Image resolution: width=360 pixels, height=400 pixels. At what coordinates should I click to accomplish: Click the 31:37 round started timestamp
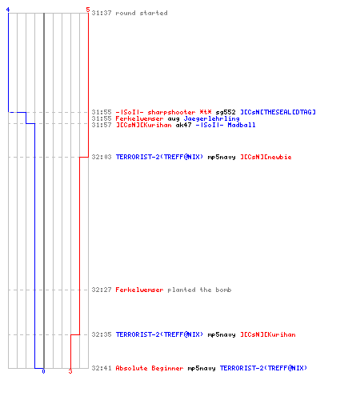[102, 13]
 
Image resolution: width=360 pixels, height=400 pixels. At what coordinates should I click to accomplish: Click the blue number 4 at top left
[8, 10]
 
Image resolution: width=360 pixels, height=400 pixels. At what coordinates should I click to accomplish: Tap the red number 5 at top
[88, 10]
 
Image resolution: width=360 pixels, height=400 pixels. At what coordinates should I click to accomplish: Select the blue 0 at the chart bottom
[43, 371]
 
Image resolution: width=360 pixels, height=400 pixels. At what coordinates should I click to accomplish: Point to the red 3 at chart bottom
[70, 371]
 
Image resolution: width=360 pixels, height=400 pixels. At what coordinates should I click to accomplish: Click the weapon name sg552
[226, 112]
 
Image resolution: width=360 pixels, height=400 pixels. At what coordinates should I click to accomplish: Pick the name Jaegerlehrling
[212, 118]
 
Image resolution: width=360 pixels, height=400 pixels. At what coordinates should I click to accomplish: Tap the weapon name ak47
[183, 125]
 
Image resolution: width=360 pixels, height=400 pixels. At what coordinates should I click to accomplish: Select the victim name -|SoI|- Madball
[226, 125]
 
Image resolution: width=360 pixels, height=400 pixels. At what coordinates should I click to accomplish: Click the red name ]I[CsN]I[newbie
[266, 157]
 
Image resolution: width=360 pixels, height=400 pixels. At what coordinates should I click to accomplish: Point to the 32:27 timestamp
[102, 290]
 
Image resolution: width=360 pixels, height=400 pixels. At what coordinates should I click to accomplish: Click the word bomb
[223, 290]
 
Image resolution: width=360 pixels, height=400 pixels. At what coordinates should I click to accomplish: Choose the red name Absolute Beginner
[150, 368]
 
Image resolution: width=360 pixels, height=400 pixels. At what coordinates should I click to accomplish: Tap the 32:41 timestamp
[102, 368]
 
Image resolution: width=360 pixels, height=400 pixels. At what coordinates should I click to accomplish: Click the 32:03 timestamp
[102, 157]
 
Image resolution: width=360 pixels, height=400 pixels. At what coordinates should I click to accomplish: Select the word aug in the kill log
[174, 119]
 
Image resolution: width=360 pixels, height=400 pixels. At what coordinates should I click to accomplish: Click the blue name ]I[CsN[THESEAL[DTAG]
[278, 112]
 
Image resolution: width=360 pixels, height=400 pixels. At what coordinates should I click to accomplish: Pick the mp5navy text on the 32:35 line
[222, 334]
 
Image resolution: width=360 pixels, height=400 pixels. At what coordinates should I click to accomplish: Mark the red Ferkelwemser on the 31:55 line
[139, 118]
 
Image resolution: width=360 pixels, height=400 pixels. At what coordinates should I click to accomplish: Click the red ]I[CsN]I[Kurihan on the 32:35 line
[268, 334]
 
